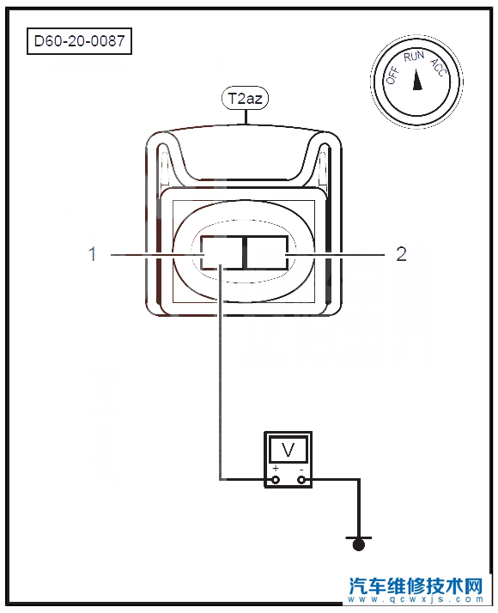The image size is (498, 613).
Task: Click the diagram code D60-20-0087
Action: pos(79,41)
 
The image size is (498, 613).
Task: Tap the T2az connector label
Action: pos(245,98)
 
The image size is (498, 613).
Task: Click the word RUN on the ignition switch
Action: pos(414,57)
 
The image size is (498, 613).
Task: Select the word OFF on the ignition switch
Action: pos(392,76)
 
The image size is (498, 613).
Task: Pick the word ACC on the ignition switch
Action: pos(438,67)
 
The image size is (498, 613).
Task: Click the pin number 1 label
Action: pos(92,254)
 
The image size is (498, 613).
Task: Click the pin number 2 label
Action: pos(402,254)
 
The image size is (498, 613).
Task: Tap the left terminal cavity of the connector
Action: pos(222,252)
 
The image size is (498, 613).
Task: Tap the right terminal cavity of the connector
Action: pos(267,252)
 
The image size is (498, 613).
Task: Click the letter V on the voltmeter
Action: pos(288,450)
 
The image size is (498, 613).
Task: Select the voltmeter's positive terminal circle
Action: pos(276,479)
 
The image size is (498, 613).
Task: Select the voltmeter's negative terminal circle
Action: pos(301,479)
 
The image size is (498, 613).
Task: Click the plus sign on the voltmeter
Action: pos(276,468)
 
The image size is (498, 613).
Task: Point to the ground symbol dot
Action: pos(358,545)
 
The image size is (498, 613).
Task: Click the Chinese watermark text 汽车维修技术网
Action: pos(416,586)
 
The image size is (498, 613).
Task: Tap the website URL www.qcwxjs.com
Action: pos(416,599)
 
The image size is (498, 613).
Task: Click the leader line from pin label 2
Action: pos(336,255)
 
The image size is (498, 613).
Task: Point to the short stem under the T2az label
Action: pos(246,117)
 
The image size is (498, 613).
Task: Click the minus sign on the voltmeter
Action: pos(301,469)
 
